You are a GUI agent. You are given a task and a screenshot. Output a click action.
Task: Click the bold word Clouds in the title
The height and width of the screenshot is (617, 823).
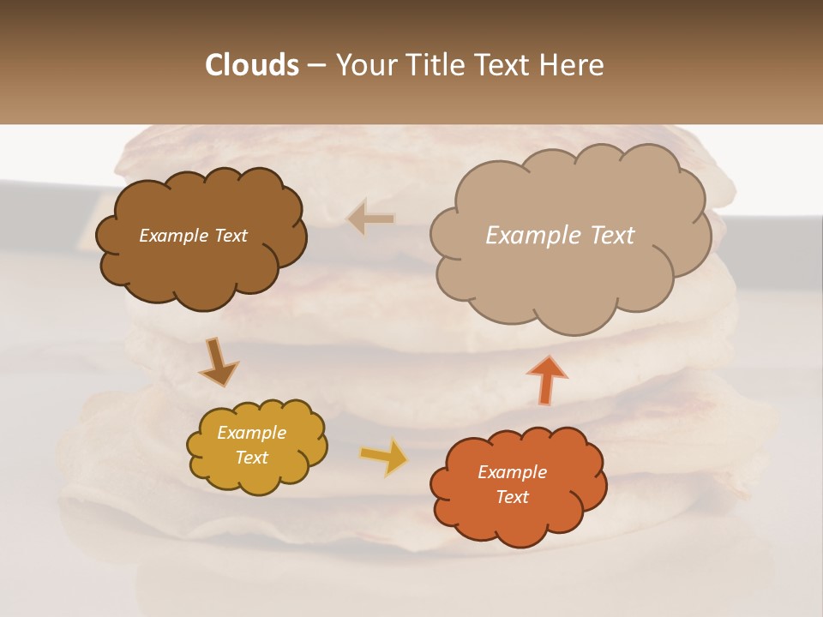[252, 65]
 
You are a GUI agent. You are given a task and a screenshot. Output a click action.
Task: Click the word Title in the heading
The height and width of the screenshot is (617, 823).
[440, 65]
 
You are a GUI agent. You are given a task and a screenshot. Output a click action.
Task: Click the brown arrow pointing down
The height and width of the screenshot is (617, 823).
[218, 362]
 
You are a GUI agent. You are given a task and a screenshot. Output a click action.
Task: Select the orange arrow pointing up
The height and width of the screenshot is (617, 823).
[548, 378]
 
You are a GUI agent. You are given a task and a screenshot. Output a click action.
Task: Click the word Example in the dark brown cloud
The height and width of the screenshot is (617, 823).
[172, 236]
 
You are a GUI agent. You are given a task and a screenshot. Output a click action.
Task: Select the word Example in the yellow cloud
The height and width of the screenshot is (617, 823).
[251, 433]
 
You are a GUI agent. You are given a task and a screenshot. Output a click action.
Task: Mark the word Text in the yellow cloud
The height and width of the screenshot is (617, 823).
[251, 458]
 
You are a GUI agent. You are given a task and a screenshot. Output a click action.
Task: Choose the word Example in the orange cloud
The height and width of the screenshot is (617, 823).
[512, 472]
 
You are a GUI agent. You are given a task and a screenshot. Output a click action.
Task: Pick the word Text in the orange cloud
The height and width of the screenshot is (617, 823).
[512, 497]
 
